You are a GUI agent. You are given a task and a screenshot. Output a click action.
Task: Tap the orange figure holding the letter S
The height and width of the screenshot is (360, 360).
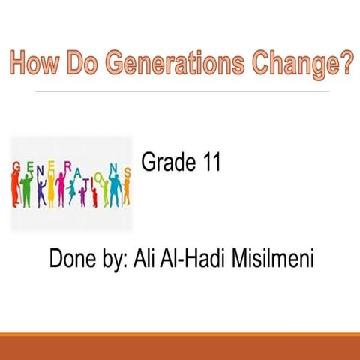(x=125, y=192)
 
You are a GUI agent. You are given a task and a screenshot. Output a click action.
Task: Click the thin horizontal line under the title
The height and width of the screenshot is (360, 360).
(x=180, y=90)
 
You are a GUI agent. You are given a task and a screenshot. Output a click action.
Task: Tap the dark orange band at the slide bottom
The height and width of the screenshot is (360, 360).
(x=180, y=347)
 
